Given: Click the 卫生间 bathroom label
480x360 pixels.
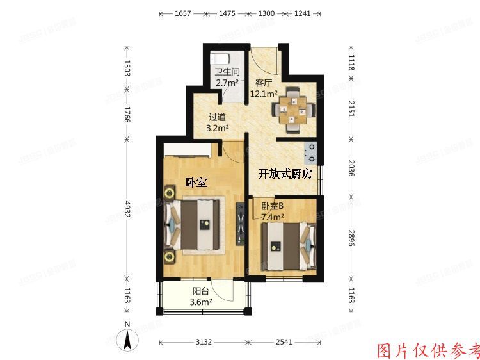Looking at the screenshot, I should coord(227,72).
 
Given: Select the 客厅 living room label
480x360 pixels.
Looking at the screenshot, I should coord(264,82).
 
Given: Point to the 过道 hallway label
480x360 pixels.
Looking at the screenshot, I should coord(217,117).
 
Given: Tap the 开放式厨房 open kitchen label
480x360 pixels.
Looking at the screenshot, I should coord(285,174).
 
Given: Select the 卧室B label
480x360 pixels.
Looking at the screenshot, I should coord(272,206).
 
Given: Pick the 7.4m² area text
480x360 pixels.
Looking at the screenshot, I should coord(273,218).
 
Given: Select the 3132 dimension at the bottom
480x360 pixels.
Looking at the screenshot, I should coord(204,342).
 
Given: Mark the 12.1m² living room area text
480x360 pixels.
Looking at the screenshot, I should coord(263,94).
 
